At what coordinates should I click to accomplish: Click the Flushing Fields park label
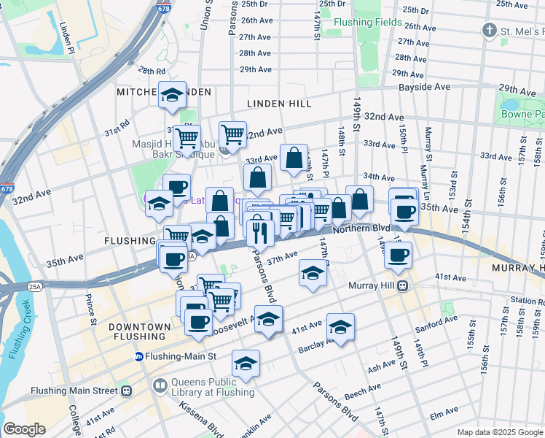pyautogui.click(x=367, y=22)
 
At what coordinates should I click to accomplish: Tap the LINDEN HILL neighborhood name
pyautogui.click(x=279, y=104)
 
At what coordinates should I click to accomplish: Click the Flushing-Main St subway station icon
pyautogui.click(x=138, y=356)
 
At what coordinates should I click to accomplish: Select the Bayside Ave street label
pyautogui.click(x=423, y=87)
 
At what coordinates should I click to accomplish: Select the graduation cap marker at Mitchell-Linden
pyautogui.click(x=173, y=95)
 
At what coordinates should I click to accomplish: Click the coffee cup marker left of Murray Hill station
pyautogui.click(x=398, y=255)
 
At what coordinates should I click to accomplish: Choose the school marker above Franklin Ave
pyautogui.click(x=246, y=364)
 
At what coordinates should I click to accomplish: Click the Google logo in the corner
pyautogui.click(x=24, y=429)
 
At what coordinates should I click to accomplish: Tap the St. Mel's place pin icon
pyautogui.click(x=490, y=31)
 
